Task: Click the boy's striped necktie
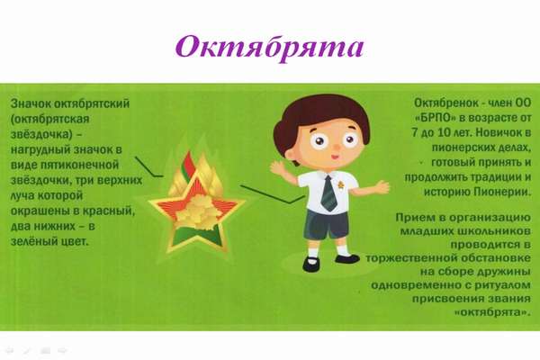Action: coord(328,193)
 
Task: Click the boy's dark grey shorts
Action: coord(326,225)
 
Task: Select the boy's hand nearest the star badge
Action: coord(277,169)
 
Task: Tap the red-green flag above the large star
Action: coord(189,166)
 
